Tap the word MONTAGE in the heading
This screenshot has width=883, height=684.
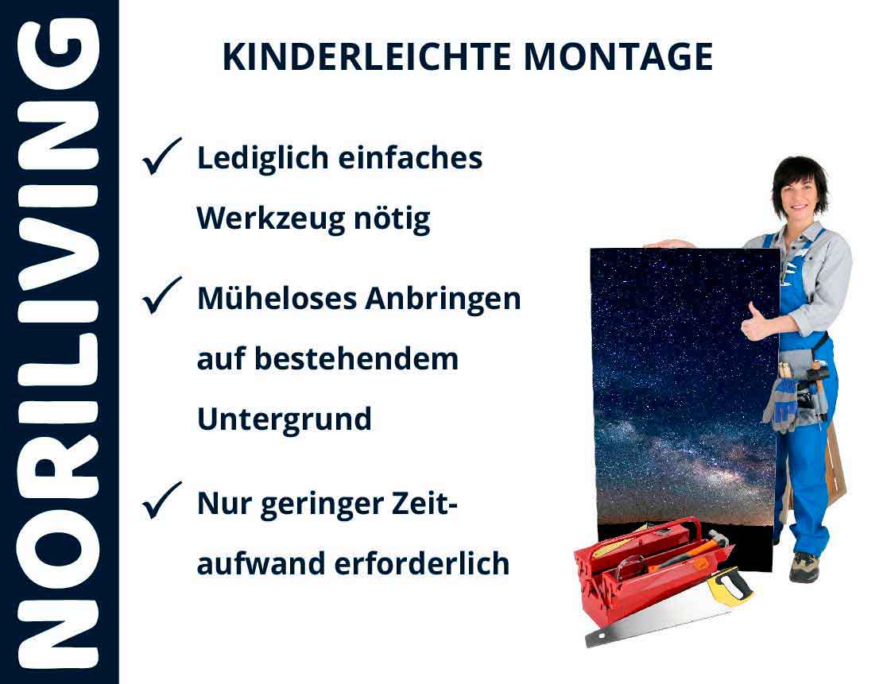(x=618, y=57)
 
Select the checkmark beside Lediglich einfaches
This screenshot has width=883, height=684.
(x=162, y=156)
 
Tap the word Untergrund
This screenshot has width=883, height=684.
(x=284, y=419)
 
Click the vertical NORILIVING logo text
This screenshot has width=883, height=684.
(x=59, y=342)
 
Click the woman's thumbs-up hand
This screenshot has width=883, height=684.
(x=755, y=323)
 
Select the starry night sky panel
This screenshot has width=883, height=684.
(x=684, y=381)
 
